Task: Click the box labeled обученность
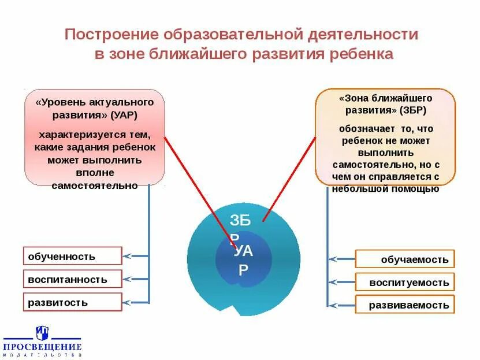[x=73, y=256]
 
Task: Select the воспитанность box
[x=73, y=279]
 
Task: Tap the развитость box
[x=73, y=302]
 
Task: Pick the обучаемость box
[x=405, y=259]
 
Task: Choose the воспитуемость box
[x=405, y=282]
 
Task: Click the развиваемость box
[x=405, y=305]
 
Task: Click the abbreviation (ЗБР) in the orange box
[x=412, y=110]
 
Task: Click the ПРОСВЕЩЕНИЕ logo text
[x=43, y=347]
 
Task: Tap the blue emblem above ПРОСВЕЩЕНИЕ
[x=42, y=332]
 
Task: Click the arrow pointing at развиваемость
[x=333, y=305]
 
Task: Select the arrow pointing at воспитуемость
[x=333, y=282]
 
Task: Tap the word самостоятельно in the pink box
[x=95, y=185]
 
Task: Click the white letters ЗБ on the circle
[x=240, y=220]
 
